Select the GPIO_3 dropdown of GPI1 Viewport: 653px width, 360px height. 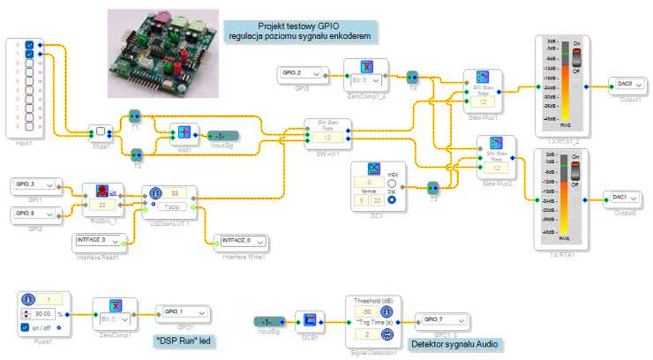click(x=35, y=185)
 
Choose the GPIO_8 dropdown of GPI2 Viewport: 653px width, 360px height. click(x=35, y=213)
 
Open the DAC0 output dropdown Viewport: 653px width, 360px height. click(x=629, y=86)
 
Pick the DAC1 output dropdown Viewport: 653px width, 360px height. click(x=628, y=198)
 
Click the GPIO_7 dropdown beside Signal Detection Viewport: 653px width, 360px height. click(x=445, y=319)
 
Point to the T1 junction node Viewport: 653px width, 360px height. click(x=135, y=116)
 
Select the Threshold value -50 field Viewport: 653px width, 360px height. click(x=364, y=311)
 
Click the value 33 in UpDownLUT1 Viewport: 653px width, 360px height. click(x=176, y=192)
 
